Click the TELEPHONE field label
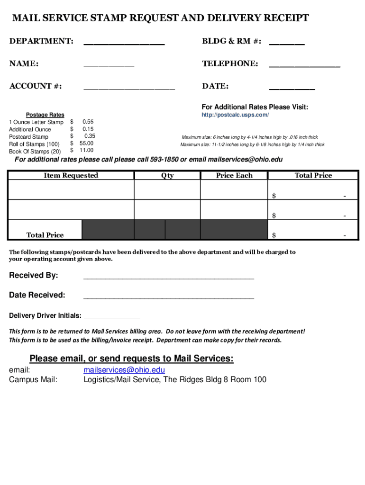(230, 63)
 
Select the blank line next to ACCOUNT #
(129, 88)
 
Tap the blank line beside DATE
(292, 88)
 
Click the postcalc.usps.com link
(235, 115)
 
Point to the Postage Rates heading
(45, 115)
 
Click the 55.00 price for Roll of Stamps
(86, 144)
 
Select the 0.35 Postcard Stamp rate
(89, 136)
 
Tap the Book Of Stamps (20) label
(35, 152)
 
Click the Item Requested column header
(71, 176)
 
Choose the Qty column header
(167, 176)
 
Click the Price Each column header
(234, 176)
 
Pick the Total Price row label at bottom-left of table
(45, 235)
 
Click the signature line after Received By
(168, 277)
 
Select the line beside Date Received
(168, 296)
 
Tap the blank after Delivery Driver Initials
(111, 317)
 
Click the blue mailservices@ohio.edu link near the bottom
(124, 370)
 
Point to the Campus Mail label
(33, 379)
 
